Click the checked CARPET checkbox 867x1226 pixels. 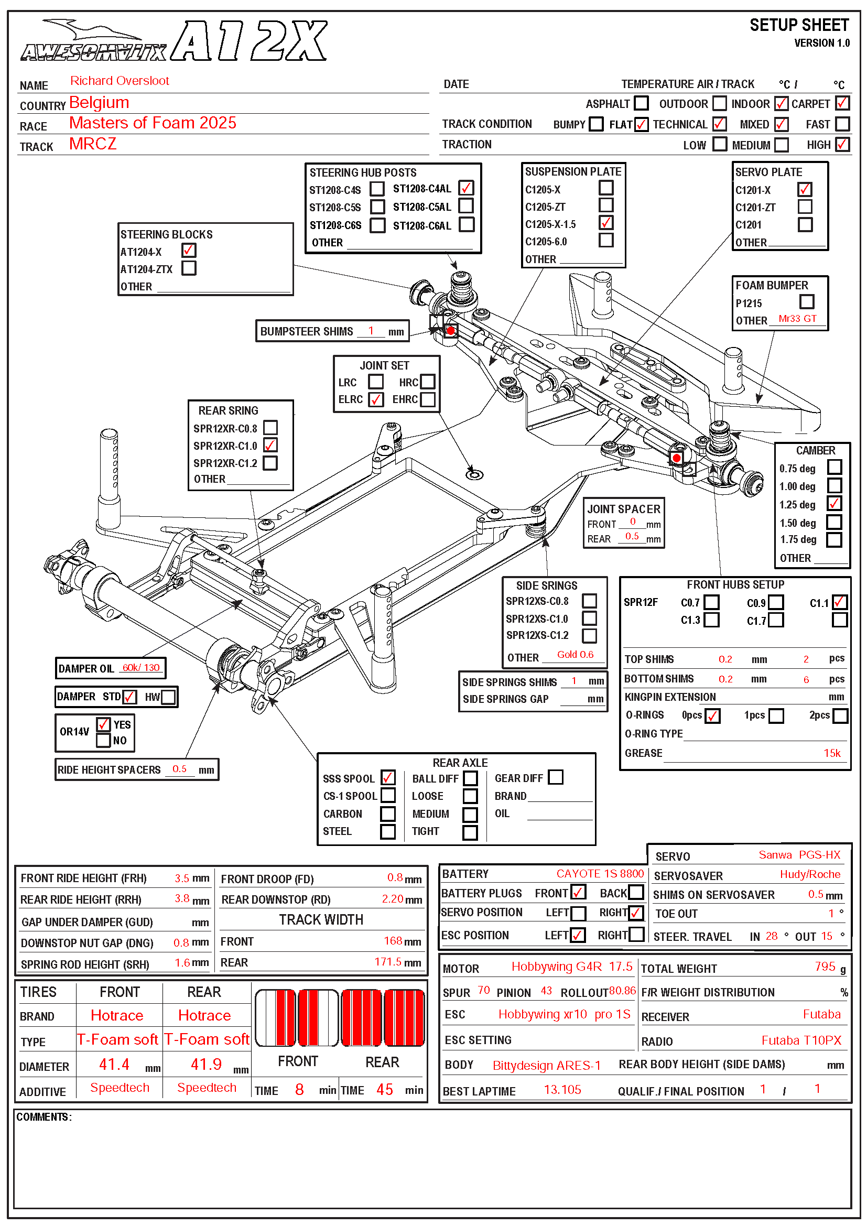pyautogui.click(x=842, y=103)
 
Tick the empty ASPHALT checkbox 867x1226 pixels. pyautogui.click(x=641, y=103)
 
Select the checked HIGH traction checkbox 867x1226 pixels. pyautogui.click(x=842, y=144)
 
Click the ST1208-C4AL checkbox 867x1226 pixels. pyautogui.click(x=466, y=188)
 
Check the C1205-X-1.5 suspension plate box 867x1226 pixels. pyautogui.click(x=606, y=223)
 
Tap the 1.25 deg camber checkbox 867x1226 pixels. pyautogui.click(x=834, y=504)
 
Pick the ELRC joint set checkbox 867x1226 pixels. pyautogui.click(x=376, y=399)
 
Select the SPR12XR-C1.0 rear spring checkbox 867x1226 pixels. pyautogui.click(x=270, y=446)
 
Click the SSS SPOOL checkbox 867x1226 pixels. pyautogui.click(x=388, y=778)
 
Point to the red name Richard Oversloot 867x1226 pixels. pyautogui.click(x=120, y=81)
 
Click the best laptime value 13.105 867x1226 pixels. pyautogui.click(x=562, y=1090)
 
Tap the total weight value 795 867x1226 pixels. pyautogui.click(x=825, y=967)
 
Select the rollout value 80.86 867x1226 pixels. pyautogui.click(x=622, y=991)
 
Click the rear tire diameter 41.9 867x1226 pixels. pyautogui.click(x=206, y=1064)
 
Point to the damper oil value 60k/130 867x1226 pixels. pyautogui.click(x=141, y=667)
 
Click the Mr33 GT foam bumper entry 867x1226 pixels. pyautogui.click(x=797, y=319)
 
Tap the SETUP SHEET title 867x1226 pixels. pyautogui.click(x=799, y=25)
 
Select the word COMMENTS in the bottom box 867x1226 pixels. pyautogui.click(x=43, y=1117)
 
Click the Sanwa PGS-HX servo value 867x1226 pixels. pyautogui.click(x=799, y=855)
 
